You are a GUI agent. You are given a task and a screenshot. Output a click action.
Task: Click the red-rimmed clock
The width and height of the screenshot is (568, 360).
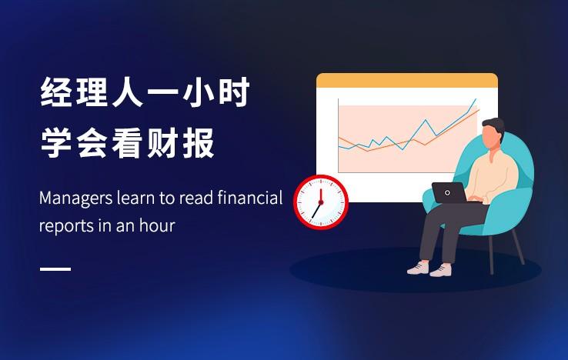(x=321, y=202)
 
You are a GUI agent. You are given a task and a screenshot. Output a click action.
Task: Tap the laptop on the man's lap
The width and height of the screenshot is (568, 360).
(x=450, y=193)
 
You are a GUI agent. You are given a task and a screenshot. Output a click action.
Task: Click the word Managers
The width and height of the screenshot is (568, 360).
(x=75, y=198)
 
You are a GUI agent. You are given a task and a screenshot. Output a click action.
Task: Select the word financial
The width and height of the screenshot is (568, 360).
(x=250, y=198)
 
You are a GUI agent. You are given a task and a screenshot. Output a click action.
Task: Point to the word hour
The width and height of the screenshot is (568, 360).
(x=157, y=225)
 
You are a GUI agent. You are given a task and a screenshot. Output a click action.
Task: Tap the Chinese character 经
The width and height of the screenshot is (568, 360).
(x=55, y=92)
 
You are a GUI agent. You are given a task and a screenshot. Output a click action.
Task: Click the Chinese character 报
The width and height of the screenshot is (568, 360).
(x=198, y=143)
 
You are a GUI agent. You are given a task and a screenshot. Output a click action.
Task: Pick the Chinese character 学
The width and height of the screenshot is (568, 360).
(x=55, y=143)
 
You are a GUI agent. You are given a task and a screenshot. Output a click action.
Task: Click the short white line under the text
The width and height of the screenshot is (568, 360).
(x=55, y=269)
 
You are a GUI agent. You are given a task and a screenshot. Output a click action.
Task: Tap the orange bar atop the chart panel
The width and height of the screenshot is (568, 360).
(x=407, y=81)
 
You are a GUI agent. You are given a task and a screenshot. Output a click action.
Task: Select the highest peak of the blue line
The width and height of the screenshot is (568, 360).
(x=476, y=99)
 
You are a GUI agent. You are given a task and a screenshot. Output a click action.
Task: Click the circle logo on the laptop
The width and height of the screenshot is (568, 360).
(x=447, y=192)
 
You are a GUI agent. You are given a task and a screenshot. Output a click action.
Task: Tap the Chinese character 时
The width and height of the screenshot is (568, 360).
(x=233, y=92)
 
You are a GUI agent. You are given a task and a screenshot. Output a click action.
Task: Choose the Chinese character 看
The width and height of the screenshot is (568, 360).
(x=126, y=143)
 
